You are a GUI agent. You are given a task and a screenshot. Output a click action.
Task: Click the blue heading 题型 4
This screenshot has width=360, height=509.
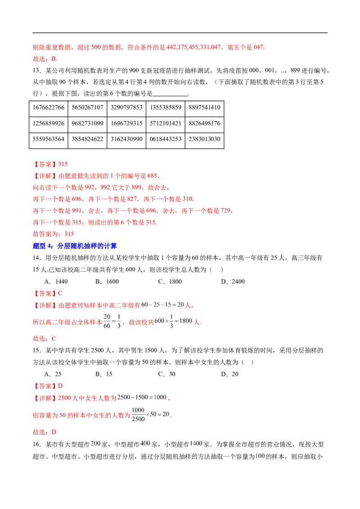coord(75,246)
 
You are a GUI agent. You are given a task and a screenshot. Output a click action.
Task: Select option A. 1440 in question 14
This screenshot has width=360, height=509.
coord(56,281)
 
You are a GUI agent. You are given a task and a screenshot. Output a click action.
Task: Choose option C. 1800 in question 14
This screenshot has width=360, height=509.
coord(170,281)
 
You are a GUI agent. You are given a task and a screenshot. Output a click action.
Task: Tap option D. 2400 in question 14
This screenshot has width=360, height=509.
coord(233,281)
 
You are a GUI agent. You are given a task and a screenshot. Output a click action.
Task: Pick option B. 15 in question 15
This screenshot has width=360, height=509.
coord(104,374)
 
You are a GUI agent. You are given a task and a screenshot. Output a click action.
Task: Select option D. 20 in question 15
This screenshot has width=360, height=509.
coord(229,374)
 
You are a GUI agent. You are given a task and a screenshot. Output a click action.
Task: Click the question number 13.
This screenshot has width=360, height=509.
coord(37,71)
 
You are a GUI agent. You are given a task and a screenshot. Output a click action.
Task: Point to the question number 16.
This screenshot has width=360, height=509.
coord(37,444)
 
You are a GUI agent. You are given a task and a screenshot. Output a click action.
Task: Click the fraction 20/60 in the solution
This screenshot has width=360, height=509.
coord(107,321)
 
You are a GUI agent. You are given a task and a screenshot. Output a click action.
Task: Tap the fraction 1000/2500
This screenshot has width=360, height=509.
coord(138,415)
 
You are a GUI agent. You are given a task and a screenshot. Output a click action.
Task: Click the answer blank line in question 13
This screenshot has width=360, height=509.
coord(170,95)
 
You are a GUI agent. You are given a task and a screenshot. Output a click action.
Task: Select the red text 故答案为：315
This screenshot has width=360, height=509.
coord(53,234)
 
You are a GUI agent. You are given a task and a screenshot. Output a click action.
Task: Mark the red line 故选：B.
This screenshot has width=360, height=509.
coord(45,59)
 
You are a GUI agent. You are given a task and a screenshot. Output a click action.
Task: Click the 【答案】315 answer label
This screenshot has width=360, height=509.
coord(50,164)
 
